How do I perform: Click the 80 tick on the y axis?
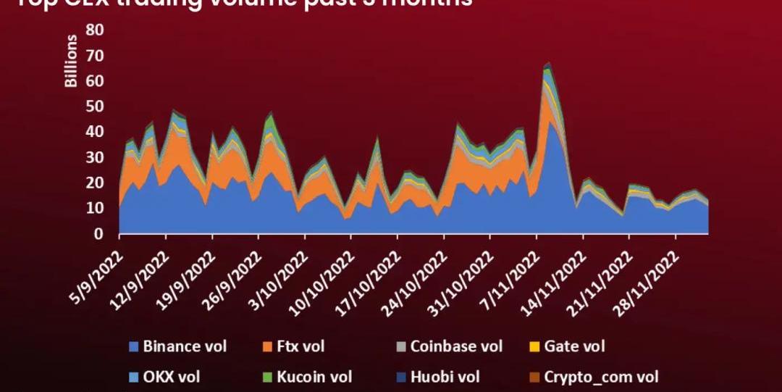[94, 30]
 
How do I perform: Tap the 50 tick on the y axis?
[94, 107]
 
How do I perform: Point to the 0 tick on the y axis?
[98, 234]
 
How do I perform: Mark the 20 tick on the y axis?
[94, 183]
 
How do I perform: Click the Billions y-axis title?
[71, 60]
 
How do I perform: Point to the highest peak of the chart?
[548, 64]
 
